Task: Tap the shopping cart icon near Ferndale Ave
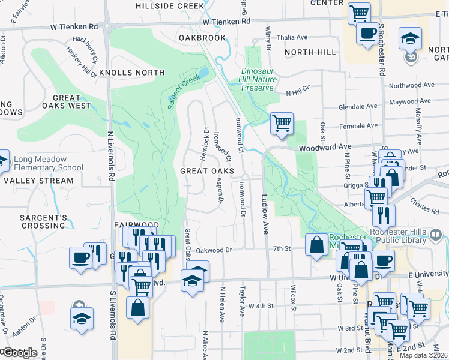[282, 124]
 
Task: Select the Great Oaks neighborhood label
[208, 171]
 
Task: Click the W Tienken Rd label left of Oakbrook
[74, 27]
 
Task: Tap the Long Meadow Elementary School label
[49, 164]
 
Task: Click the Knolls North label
[131, 73]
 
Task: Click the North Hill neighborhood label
[308, 52]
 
